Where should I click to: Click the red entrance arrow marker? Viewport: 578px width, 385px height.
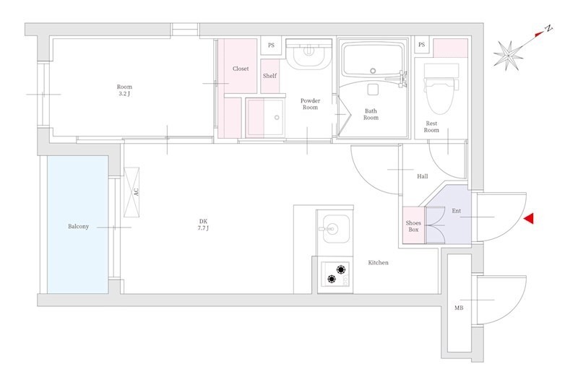[529, 218]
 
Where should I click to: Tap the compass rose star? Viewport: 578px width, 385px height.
[509, 56]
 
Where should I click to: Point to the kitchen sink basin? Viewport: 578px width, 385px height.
[335, 228]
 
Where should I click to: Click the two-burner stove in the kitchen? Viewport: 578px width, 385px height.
[335, 274]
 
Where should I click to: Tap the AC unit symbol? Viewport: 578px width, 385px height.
[131, 192]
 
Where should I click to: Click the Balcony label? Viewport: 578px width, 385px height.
[78, 226]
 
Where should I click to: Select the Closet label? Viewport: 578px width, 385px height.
[241, 69]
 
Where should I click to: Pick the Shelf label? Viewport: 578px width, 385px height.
[269, 76]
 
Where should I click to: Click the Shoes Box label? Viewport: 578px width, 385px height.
[413, 226]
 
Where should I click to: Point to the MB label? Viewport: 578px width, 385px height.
[459, 308]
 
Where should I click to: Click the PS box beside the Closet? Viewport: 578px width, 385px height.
[271, 46]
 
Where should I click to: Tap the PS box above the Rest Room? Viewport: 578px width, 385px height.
[422, 45]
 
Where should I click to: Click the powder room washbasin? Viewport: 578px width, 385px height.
[309, 55]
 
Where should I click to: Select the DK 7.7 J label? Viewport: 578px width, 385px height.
[204, 225]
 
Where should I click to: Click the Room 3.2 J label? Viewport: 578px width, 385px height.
[124, 90]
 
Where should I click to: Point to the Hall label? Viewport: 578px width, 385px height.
[423, 176]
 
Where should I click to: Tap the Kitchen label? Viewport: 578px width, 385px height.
[378, 263]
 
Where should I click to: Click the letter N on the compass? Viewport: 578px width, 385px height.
[549, 28]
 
